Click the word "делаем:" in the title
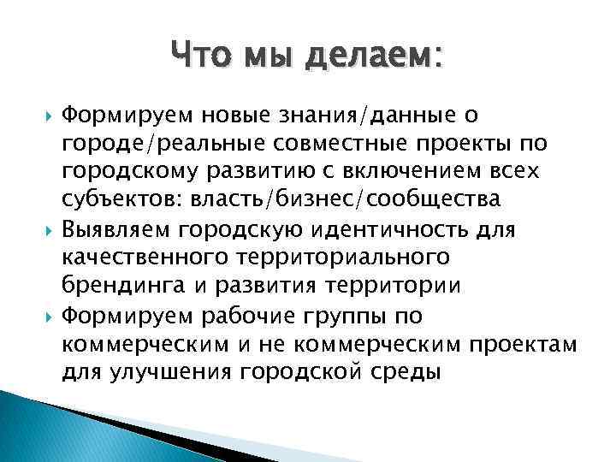point(374,58)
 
